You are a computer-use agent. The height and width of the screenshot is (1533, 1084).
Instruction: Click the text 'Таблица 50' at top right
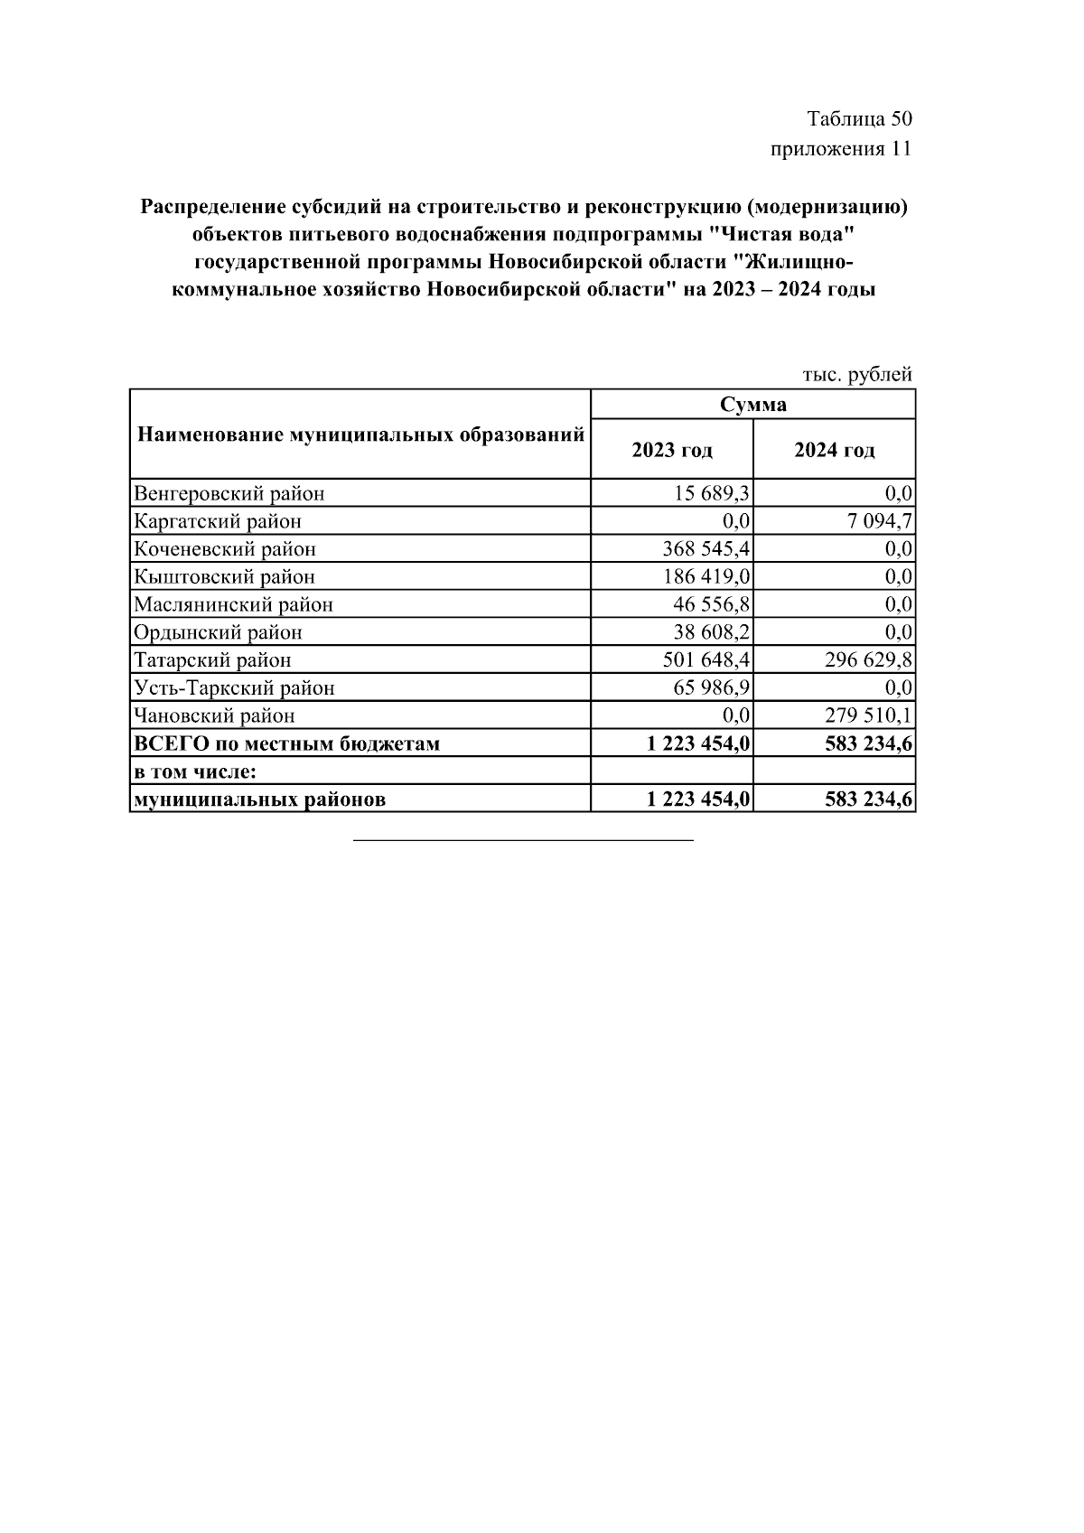coord(859,119)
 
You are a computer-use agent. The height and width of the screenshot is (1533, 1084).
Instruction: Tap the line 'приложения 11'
coord(841,149)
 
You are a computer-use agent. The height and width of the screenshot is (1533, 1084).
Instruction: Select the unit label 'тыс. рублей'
coord(857,374)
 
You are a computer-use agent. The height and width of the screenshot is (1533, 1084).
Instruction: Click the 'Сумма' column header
coord(752,405)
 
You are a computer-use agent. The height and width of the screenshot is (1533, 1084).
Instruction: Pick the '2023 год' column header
coord(671,450)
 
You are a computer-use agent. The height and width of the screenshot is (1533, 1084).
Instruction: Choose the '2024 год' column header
coord(834,450)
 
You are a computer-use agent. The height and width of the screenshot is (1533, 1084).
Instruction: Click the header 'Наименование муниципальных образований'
coord(360,435)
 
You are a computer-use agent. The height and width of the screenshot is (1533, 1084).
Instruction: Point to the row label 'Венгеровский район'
coord(229,493)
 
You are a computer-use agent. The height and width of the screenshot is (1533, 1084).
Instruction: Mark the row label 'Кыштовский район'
coord(225,576)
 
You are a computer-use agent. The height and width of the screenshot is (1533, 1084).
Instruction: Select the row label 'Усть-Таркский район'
coord(234,688)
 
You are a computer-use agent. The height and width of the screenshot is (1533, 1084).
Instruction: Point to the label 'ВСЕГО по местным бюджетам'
coord(287,744)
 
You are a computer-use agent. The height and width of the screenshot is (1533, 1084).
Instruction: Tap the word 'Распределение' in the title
coord(212,208)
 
